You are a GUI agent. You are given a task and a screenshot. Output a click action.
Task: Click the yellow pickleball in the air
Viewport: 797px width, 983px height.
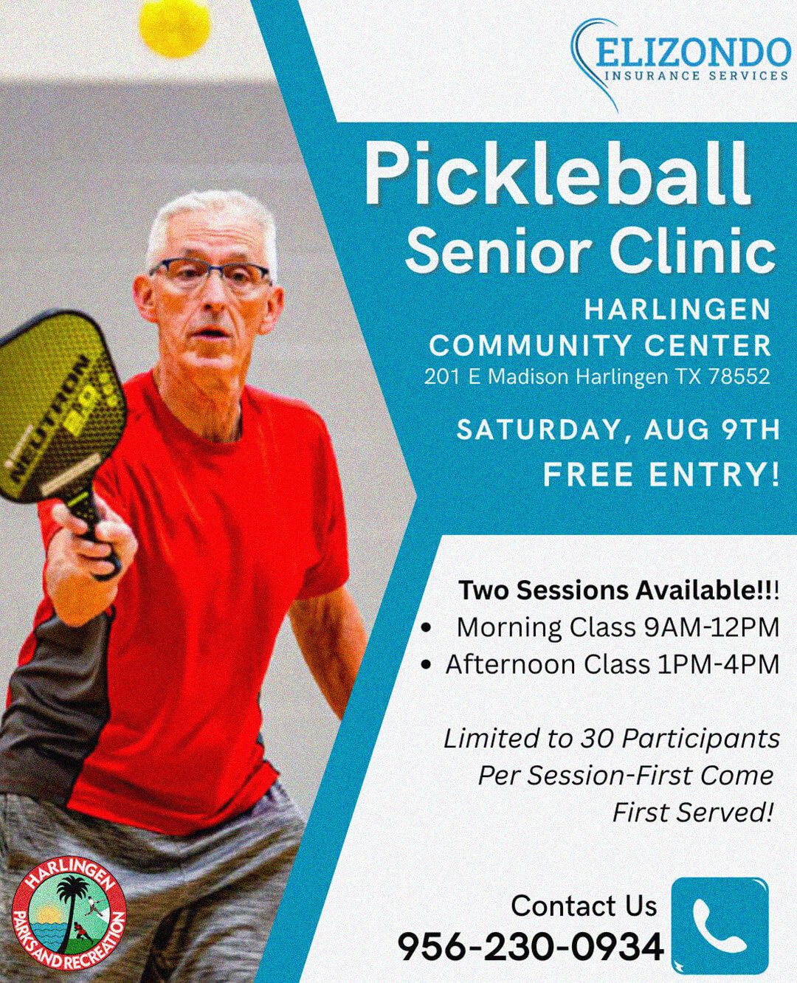(175, 28)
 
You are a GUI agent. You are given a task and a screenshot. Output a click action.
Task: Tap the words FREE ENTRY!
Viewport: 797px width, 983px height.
(662, 475)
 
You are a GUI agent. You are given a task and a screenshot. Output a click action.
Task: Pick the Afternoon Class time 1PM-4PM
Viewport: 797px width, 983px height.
(719, 665)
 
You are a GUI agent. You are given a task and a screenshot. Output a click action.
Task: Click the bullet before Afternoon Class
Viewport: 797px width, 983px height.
(427, 666)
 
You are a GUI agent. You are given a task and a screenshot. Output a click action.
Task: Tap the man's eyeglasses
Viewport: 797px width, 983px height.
(210, 276)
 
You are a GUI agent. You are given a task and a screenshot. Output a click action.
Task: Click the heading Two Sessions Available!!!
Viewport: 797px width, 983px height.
(619, 590)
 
